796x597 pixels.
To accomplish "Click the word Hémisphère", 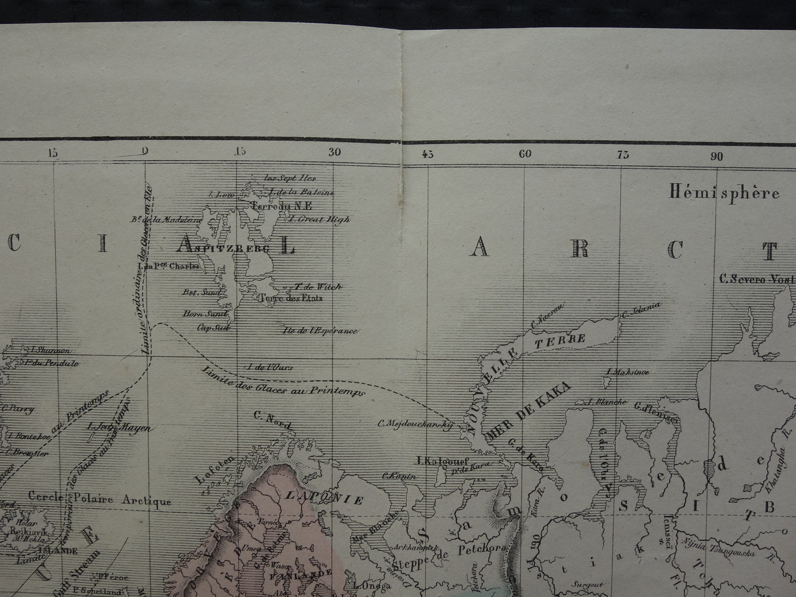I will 724,192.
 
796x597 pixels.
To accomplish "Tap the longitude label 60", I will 525,154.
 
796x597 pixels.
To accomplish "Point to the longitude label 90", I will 716,156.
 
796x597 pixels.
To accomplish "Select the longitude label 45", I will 428,154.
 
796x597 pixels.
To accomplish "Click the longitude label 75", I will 622,155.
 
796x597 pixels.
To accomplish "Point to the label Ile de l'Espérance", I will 320,331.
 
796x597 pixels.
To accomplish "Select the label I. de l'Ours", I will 270,367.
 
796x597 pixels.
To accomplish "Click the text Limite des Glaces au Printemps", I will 283,382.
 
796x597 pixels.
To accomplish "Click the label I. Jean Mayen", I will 118,427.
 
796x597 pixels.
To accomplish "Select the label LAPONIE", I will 324,498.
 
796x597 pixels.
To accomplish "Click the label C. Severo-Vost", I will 757,279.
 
